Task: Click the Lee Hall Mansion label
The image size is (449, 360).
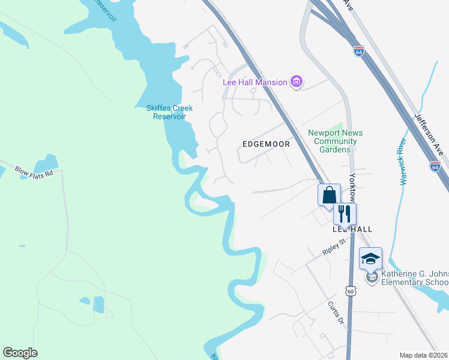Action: click(255, 82)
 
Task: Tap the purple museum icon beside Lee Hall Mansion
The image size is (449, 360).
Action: click(296, 82)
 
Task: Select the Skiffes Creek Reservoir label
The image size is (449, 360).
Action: click(169, 112)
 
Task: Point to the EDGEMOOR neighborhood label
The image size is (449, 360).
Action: click(266, 144)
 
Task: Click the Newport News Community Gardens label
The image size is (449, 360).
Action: click(336, 141)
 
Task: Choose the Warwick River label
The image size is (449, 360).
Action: click(402, 161)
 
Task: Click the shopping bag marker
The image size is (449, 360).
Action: click(329, 195)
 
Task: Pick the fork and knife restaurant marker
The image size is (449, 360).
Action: click(345, 214)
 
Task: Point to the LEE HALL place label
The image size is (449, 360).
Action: click(352, 229)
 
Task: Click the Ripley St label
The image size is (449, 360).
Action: click(334, 247)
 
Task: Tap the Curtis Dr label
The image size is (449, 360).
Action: click(336, 313)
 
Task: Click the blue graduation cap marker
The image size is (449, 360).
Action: click(370, 259)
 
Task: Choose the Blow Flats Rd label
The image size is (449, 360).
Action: click(34, 172)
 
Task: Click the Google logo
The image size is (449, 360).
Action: click(20, 353)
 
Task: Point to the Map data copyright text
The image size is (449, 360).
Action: click(423, 355)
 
